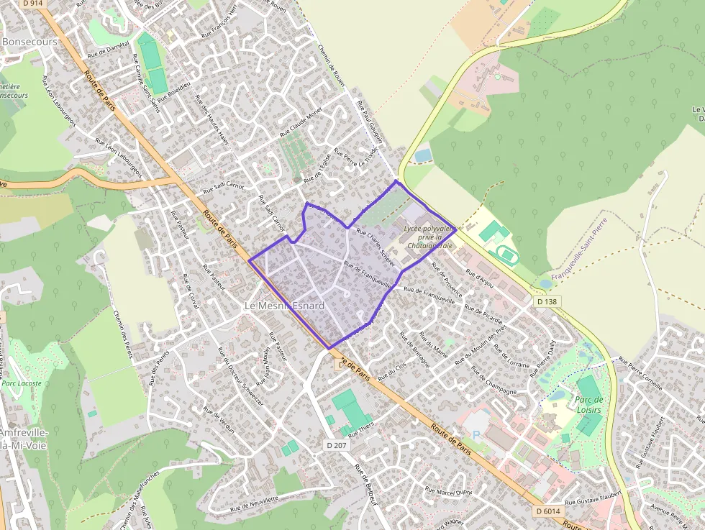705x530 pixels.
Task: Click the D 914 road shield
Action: pyautogui.click(x=33, y=4)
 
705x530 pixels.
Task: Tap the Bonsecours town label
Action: pyautogui.click(x=29, y=42)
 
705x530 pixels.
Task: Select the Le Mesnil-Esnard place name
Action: pyautogui.click(x=285, y=306)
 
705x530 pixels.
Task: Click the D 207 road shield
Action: pyautogui.click(x=337, y=445)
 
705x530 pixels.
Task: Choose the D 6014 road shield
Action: pyautogui.click(x=548, y=511)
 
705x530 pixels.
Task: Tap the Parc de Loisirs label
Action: pyautogui.click(x=588, y=405)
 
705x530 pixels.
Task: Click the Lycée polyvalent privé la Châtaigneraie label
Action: pyautogui.click(x=429, y=237)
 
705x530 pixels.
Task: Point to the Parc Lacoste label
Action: pyautogui.click(x=22, y=383)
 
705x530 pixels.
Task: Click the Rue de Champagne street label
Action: pyautogui.click(x=494, y=380)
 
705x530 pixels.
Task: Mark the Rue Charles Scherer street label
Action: pyautogui.click(x=376, y=246)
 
